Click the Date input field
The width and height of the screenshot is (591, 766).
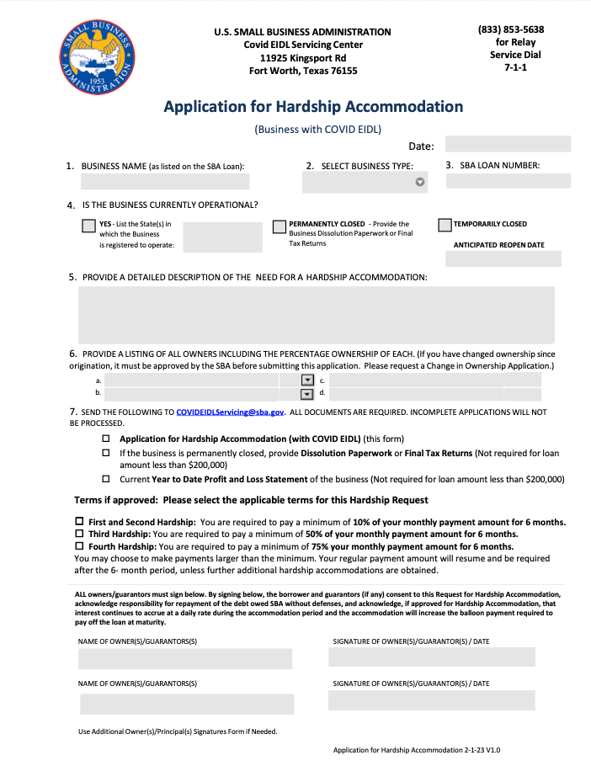tap(508, 145)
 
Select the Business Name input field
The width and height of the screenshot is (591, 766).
tap(165, 181)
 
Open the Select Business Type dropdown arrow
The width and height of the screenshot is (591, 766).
tap(420, 182)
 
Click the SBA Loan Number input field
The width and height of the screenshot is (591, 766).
tap(508, 181)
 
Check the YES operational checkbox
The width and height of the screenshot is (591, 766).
tap(88, 226)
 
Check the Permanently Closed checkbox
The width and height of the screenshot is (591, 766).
tap(280, 226)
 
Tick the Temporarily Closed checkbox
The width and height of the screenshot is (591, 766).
tap(445, 225)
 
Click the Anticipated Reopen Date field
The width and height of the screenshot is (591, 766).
tap(503, 258)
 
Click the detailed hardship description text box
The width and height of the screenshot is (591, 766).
tap(316, 314)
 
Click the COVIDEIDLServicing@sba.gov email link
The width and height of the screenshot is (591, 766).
tap(231, 412)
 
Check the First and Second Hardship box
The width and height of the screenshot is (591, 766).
tap(80, 522)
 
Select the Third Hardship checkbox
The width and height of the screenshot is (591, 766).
tap(80, 534)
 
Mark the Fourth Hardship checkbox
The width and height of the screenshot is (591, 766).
tap(80, 546)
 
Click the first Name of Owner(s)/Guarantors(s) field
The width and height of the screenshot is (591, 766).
tap(185, 659)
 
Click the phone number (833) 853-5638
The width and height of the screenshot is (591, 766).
tap(511, 29)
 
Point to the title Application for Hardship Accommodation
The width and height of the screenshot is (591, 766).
tap(313, 107)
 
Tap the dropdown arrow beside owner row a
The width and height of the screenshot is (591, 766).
tap(306, 380)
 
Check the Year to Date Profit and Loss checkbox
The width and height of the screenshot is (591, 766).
tap(106, 479)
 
